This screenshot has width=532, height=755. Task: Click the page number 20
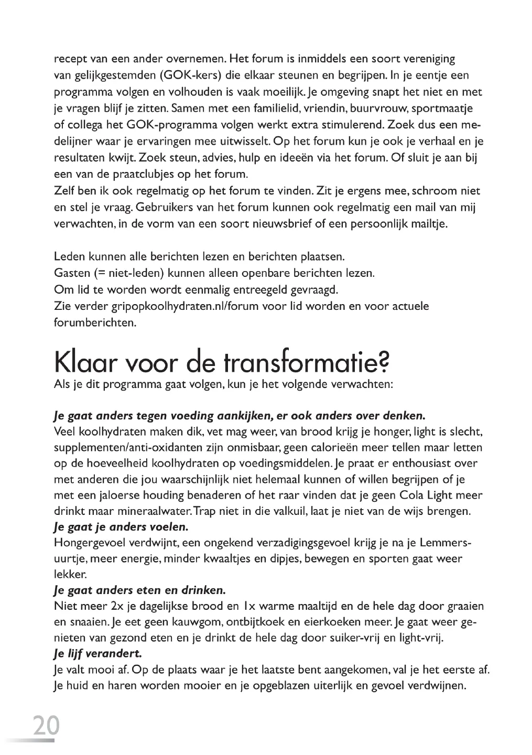[x=46, y=725]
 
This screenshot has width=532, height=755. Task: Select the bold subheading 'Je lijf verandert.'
[x=97, y=654]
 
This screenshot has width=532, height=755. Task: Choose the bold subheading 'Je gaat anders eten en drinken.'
[x=140, y=590]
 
